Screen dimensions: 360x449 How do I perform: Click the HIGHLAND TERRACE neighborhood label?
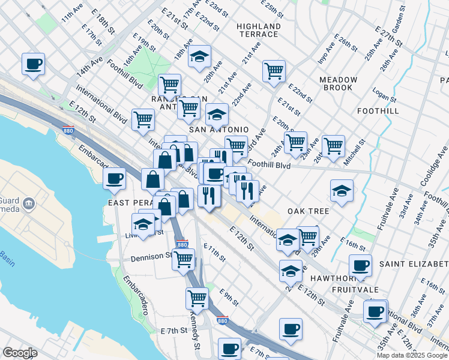click(258, 31)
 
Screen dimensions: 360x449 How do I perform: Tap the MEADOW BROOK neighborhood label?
click(338, 83)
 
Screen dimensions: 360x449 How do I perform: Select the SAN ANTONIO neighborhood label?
click(218, 130)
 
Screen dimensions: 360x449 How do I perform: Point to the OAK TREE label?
click(308, 211)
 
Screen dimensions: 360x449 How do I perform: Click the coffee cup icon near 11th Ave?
click(34, 64)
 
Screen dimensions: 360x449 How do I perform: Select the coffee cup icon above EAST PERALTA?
click(115, 178)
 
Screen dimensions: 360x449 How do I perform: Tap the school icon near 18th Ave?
click(199, 56)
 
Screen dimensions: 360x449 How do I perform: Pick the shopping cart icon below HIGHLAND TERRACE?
click(274, 70)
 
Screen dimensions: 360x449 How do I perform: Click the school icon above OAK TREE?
click(341, 191)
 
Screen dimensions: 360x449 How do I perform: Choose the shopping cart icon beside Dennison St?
click(183, 259)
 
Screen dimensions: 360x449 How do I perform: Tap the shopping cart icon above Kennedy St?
click(197, 297)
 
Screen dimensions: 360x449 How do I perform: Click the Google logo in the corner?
click(20, 353)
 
